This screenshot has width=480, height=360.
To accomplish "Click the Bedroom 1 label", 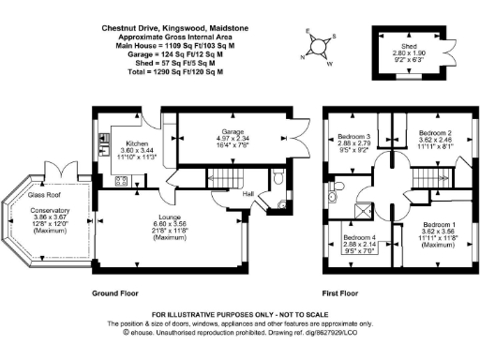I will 438,226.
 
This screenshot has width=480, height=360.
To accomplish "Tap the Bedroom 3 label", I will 354,136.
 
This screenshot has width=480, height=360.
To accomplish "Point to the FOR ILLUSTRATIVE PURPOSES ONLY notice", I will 239,313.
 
